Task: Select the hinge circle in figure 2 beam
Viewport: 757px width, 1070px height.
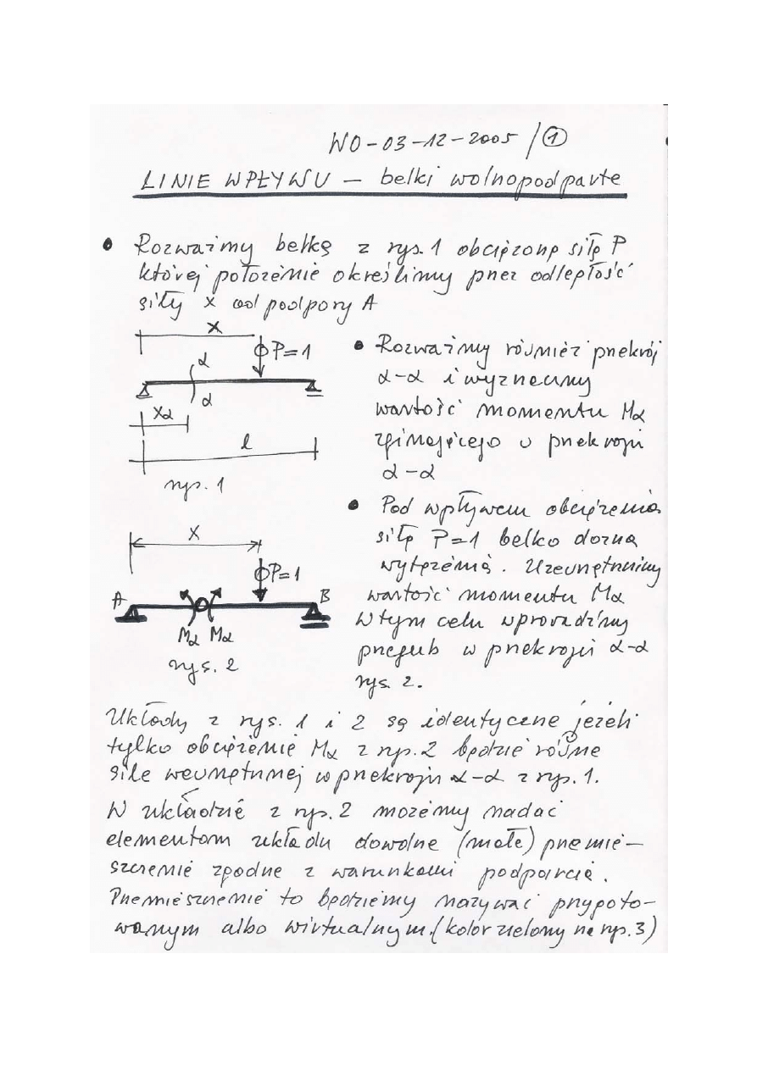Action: (x=202, y=604)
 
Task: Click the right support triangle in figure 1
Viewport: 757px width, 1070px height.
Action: (x=314, y=387)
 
